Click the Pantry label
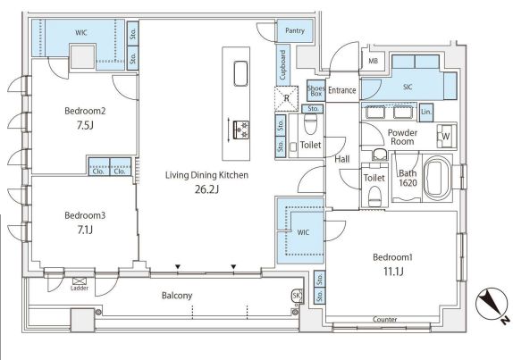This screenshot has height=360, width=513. [295, 30]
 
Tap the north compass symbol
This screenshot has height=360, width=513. [492, 305]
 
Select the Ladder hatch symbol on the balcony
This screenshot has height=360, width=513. [79, 280]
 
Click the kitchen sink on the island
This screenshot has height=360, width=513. [240, 73]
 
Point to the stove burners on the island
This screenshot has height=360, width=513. [241, 130]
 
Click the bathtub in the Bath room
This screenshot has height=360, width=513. [437, 178]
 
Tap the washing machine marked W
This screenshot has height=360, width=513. [446, 136]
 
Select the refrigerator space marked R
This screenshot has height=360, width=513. [286, 98]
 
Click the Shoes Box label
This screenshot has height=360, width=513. [316, 90]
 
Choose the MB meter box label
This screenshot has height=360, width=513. [373, 61]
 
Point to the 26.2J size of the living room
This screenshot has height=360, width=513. [206, 189]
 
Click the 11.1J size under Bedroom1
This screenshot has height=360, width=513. [393, 272]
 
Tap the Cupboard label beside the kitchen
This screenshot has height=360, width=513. [283, 65]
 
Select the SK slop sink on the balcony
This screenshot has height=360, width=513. [296, 296]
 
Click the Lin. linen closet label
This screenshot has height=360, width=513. [426, 112]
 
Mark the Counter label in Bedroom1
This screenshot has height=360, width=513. [384, 319]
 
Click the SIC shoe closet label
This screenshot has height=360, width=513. [408, 87]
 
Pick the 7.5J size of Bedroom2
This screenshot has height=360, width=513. [85, 125]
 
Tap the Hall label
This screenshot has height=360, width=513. [342, 159]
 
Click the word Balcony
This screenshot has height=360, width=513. [177, 296]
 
